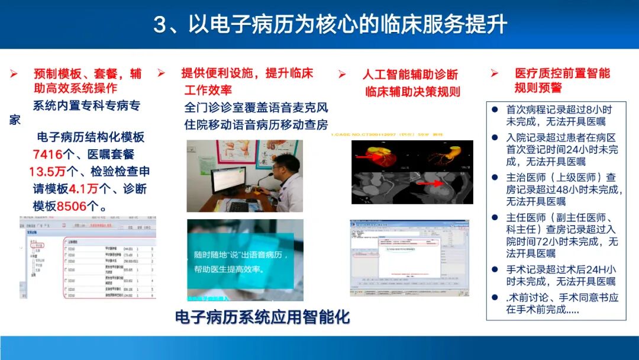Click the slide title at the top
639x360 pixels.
(330, 25)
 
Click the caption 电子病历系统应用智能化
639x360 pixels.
(262, 317)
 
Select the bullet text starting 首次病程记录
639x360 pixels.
(559, 115)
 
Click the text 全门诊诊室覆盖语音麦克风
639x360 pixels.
(256, 108)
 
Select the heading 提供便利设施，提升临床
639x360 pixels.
(247, 73)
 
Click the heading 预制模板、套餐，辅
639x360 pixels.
(87, 73)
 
